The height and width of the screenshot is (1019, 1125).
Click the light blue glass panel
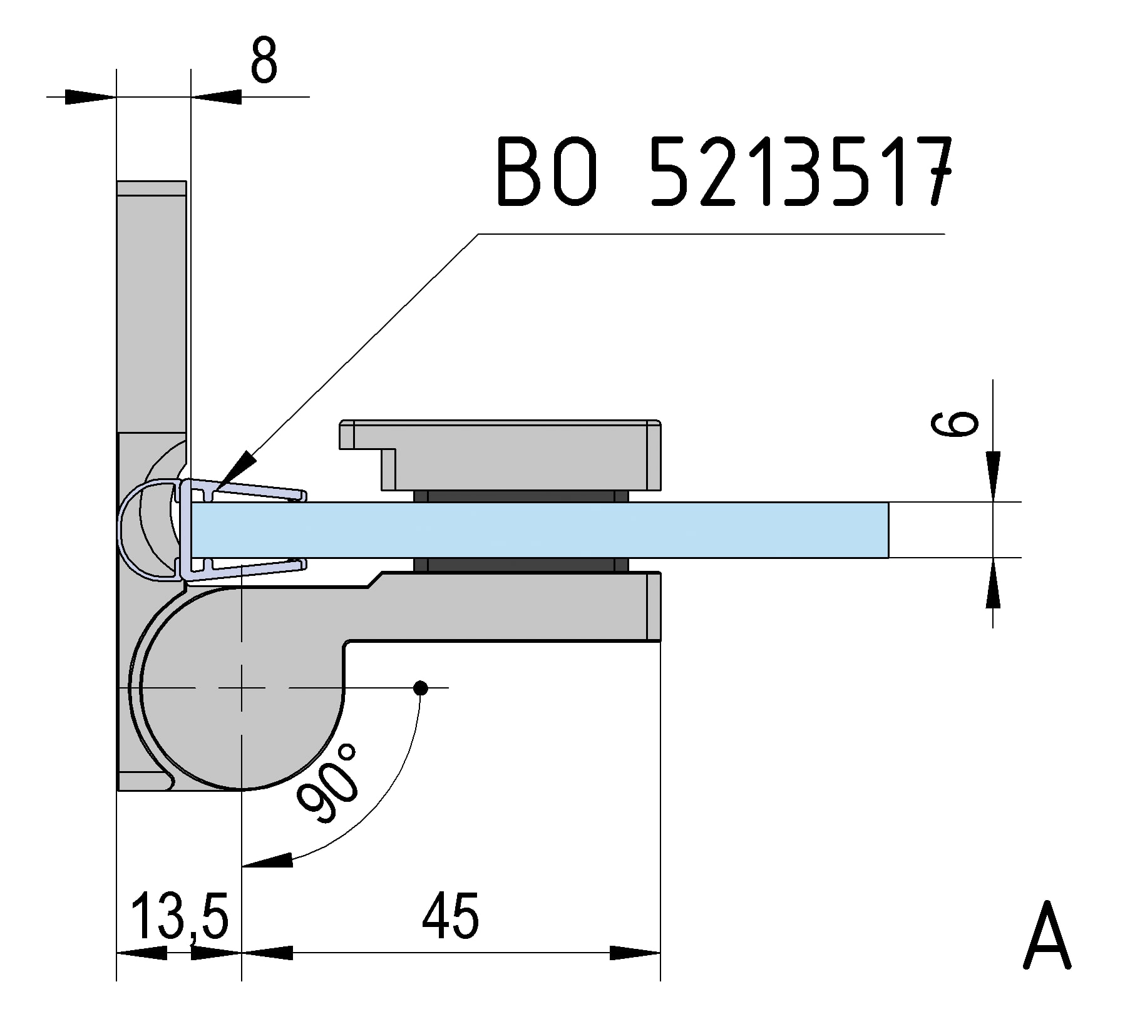point(539,530)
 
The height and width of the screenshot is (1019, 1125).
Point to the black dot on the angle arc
point(421,689)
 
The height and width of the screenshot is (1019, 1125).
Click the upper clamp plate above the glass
point(501,455)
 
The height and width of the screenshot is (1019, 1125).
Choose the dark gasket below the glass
point(521,565)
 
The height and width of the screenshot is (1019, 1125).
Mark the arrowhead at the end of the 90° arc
point(267,860)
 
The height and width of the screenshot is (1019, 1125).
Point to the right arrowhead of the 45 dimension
point(635,953)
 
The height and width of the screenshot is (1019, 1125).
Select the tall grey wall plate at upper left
point(152,307)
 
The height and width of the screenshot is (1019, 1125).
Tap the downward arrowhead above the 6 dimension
point(993,476)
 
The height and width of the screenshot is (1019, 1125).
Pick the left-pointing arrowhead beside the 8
point(216,96)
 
